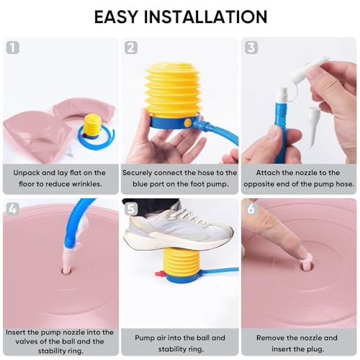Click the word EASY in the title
116,17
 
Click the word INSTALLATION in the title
205,17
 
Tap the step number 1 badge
12,48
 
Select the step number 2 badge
131,48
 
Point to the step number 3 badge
251,48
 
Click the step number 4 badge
12,208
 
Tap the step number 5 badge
131,208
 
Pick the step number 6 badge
251,208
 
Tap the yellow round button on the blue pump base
187,123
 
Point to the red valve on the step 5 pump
159,274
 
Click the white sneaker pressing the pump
179,230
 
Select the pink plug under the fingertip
307,262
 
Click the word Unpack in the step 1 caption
26,173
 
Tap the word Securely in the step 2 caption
137,173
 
